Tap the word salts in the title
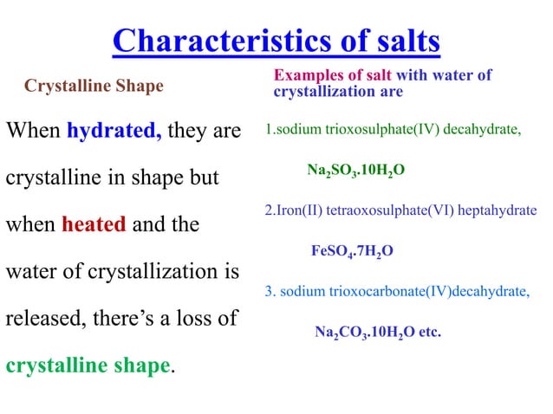pyautogui.click(x=397, y=41)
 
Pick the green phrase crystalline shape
pyautogui.click(x=88, y=365)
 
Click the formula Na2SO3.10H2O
pyautogui.click(x=355, y=171)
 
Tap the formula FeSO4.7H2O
pyautogui.click(x=352, y=252)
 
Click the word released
pyautogui.click(x=42, y=319)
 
